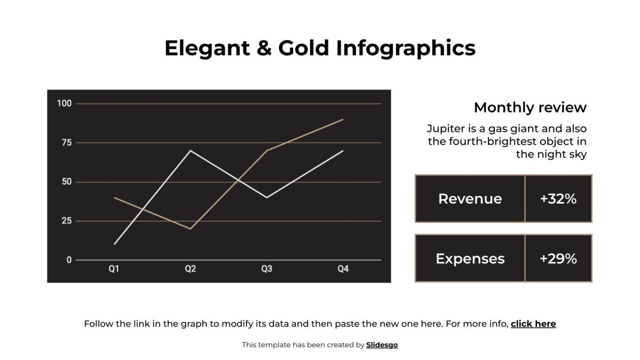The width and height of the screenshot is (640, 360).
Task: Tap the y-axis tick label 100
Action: pyautogui.click(x=64, y=103)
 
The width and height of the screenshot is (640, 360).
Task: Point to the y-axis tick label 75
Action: pyautogui.click(x=66, y=142)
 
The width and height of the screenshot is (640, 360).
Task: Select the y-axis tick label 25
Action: pyautogui.click(x=66, y=221)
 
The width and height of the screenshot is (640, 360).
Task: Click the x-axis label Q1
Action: pyautogui.click(x=114, y=269)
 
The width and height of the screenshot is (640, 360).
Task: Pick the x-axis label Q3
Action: pyautogui.click(x=266, y=269)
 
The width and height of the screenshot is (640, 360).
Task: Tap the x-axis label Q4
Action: pyautogui.click(x=343, y=269)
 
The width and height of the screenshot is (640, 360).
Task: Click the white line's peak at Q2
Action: pyautogui.click(x=190, y=151)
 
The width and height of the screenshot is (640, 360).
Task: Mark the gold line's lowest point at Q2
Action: pyautogui.click(x=190, y=229)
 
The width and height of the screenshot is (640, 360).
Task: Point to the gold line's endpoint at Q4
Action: pyautogui.click(x=343, y=120)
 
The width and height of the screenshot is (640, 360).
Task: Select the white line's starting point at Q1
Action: pyautogui.click(x=114, y=244)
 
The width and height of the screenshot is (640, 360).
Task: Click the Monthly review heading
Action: pyautogui.click(x=530, y=108)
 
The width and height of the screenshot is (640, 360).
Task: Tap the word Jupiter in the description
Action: pyautogui.click(x=445, y=129)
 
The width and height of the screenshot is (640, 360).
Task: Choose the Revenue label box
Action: pyautogui.click(x=470, y=199)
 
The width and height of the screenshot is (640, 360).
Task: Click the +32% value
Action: pyautogui.click(x=558, y=199)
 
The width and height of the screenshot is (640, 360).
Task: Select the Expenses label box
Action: pyautogui.click(x=470, y=259)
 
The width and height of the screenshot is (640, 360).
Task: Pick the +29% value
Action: pyautogui.click(x=558, y=259)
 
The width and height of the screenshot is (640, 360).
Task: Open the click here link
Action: pyautogui.click(x=533, y=324)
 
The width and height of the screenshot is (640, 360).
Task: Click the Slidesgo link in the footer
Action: pyautogui.click(x=382, y=345)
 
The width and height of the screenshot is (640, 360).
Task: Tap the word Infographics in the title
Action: pyautogui.click(x=406, y=48)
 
